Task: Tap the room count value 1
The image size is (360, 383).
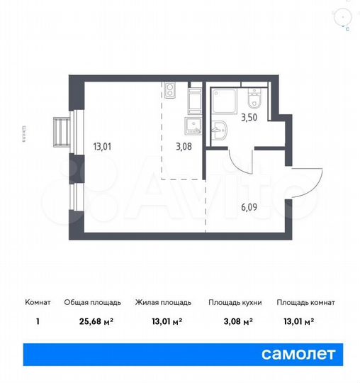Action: pyautogui.click(x=38, y=320)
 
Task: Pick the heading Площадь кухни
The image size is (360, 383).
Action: pyautogui.click(x=235, y=303)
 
